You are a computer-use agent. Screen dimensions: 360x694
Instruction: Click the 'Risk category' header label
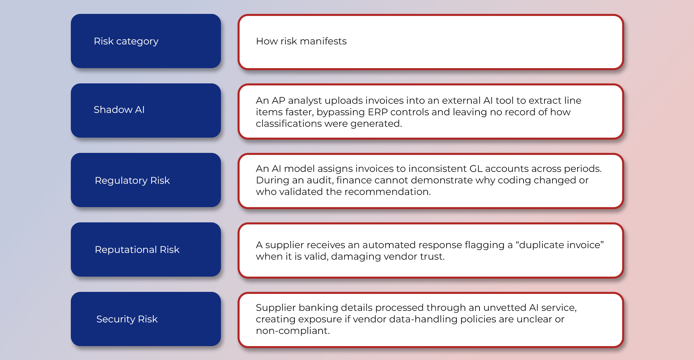click(x=126, y=41)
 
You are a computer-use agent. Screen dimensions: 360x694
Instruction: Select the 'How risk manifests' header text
click(x=301, y=41)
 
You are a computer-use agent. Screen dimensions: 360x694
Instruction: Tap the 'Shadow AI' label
click(x=119, y=110)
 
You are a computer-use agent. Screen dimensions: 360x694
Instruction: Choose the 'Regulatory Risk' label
click(x=132, y=180)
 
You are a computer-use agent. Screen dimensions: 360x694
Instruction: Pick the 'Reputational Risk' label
click(x=137, y=250)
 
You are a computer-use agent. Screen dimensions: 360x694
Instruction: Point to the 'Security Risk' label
click(x=127, y=319)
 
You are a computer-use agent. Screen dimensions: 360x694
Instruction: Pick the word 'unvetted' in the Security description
click(x=504, y=308)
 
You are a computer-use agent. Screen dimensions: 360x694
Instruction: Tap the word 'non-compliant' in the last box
click(x=292, y=331)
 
